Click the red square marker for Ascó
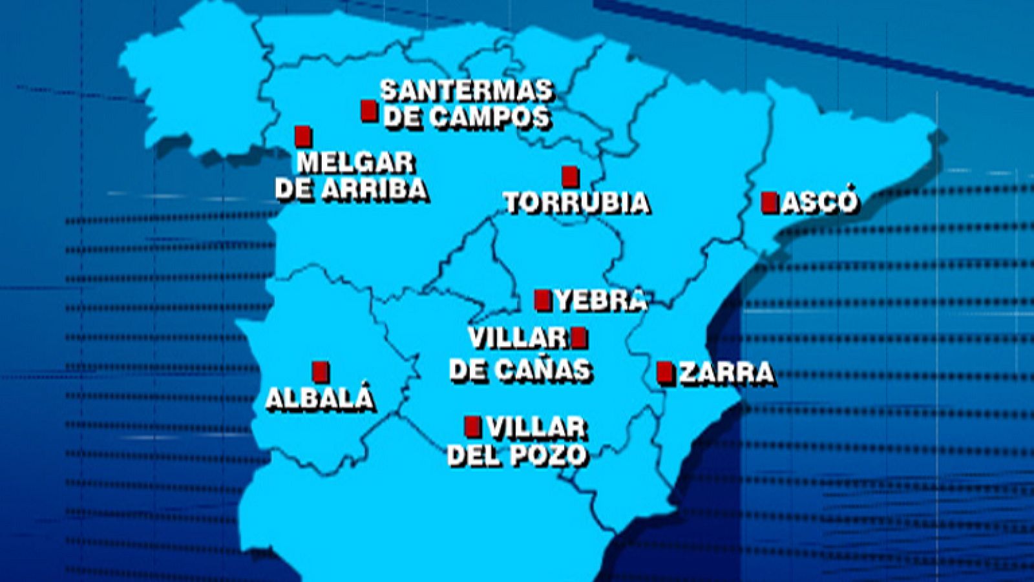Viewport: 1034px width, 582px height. coord(769,203)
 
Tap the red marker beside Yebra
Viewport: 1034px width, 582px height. coord(543,300)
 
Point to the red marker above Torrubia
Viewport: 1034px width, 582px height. coord(569,176)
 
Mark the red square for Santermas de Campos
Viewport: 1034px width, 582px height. coord(369,110)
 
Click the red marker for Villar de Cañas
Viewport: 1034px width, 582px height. coord(579,337)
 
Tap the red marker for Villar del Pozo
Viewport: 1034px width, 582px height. coord(473,426)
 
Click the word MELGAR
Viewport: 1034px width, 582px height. coord(355,163)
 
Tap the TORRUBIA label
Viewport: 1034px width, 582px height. coord(576,203)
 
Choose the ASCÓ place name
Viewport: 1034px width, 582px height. coord(819,202)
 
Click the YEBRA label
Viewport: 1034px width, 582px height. coord(601,300)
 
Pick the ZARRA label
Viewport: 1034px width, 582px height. coord(726,373)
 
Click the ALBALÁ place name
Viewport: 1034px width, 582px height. coord(320,398)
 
